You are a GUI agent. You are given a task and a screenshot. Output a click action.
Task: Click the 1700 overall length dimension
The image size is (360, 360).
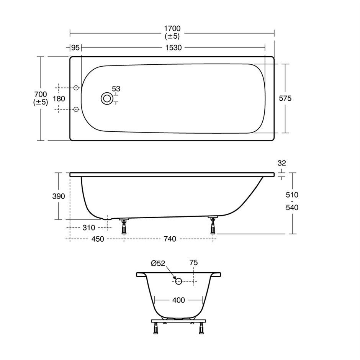172,29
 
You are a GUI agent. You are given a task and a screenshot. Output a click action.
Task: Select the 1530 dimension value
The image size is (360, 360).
173,48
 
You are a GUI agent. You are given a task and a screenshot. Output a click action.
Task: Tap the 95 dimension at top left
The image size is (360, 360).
75,48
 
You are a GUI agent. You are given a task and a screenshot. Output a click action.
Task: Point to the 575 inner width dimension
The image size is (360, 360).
285,98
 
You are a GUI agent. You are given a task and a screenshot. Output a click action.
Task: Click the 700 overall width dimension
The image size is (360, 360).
41,94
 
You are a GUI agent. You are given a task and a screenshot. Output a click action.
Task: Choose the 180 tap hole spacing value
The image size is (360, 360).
59,99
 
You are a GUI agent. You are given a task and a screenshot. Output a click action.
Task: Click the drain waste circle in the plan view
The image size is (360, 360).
107,98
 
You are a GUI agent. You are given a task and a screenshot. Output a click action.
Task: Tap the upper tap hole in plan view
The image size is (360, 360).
76,88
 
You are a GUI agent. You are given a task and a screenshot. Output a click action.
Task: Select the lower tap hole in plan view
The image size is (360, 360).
76,109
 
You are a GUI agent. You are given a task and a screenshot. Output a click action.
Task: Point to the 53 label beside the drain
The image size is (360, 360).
116,88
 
